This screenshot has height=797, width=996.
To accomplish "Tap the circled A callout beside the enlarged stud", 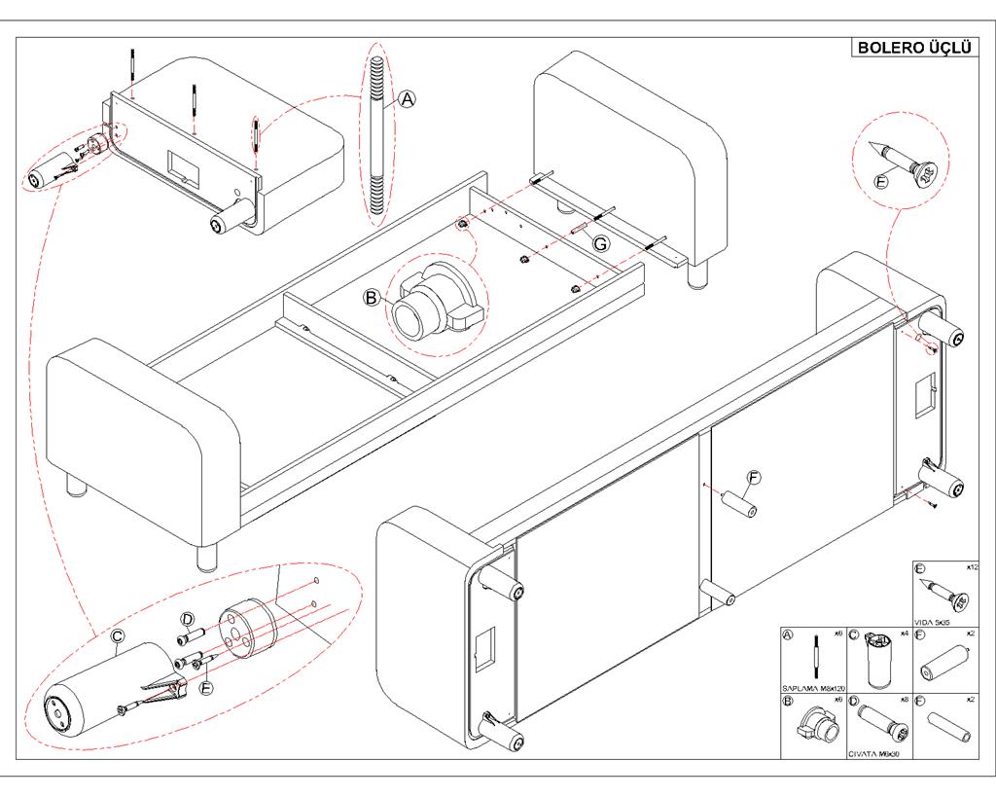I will coord(408,98).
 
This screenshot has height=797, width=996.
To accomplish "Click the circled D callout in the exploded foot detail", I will coord(189,619).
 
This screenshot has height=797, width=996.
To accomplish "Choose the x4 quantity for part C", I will coord(905,633).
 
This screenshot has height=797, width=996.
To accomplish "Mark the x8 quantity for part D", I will coord(905,699).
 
